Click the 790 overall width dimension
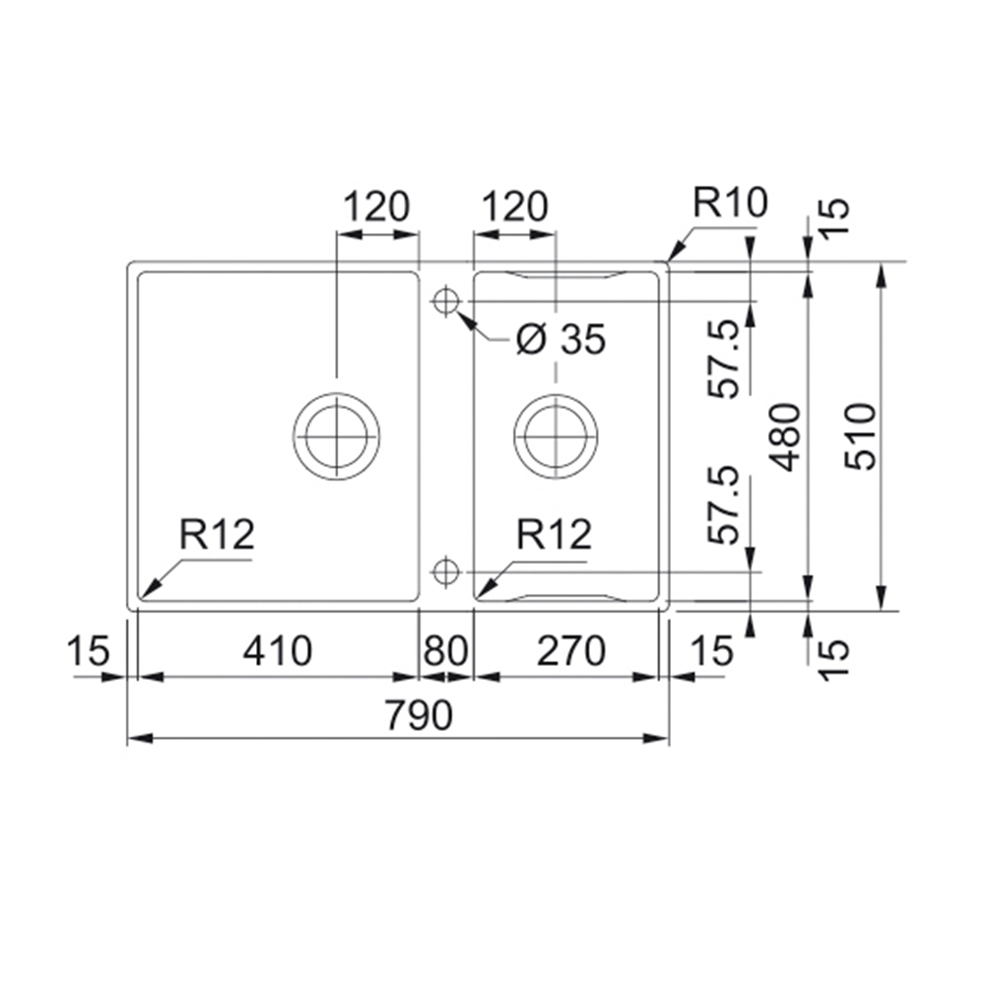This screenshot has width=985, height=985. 419,715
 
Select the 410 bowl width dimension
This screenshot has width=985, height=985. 278,651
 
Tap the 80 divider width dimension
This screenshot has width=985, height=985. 445,651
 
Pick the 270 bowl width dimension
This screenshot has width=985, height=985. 571,651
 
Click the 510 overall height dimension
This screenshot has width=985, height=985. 860,436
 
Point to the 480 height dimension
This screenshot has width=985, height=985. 785,436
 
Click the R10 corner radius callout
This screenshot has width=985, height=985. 731,202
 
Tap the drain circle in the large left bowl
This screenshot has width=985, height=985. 336,436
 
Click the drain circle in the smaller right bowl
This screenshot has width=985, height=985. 556,436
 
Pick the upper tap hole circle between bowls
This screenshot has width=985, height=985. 445,301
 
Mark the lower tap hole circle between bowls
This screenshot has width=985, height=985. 445,572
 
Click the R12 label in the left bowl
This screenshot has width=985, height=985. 217,535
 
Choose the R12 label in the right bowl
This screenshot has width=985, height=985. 554,535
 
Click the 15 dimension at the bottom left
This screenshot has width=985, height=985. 88,651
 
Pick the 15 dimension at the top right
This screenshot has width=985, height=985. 834,217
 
